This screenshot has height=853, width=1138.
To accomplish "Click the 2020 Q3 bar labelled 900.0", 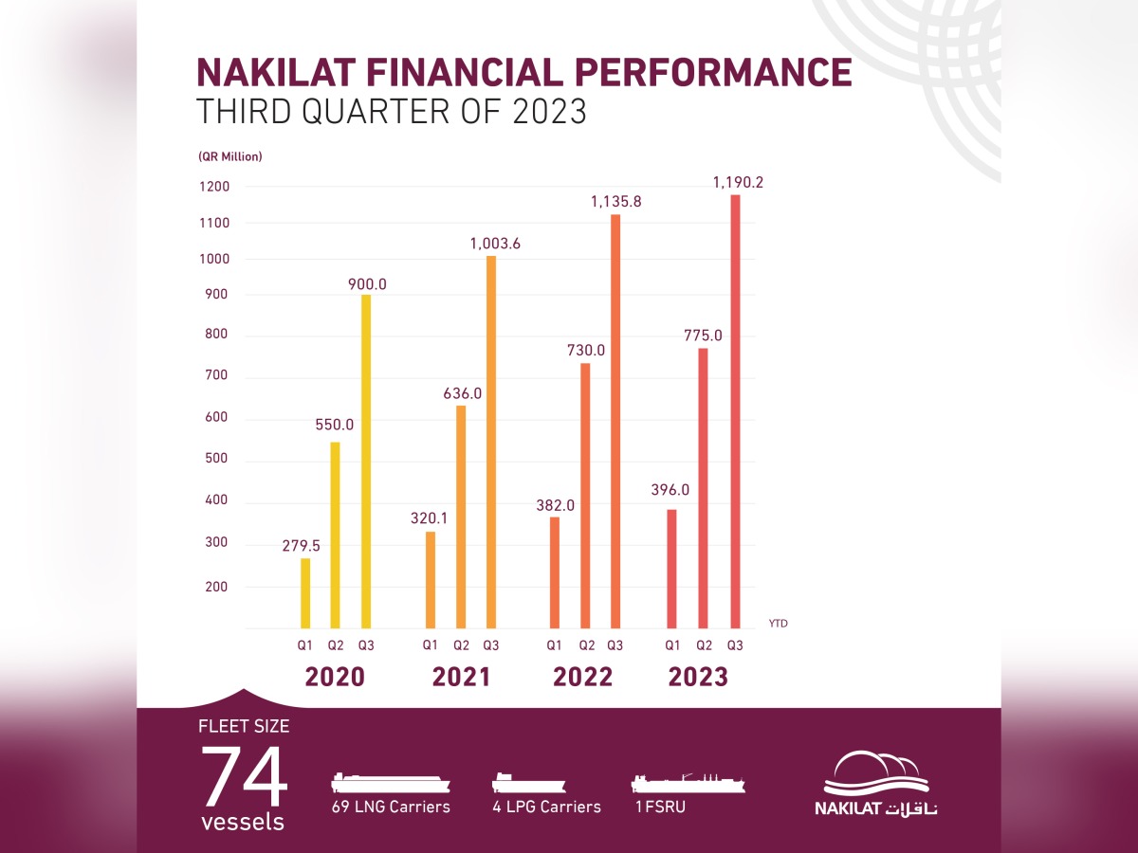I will point(366,461).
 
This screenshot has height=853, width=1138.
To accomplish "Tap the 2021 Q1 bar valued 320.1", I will point(431,579).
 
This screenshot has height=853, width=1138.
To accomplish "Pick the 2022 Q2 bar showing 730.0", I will point(585,495).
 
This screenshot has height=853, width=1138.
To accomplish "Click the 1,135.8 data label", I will point(616,201).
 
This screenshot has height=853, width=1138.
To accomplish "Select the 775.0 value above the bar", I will point(703,335).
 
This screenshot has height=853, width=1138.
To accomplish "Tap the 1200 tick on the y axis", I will point(215,187).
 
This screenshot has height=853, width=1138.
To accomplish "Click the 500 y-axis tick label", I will point(215,461).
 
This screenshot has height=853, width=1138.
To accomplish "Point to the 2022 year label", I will point(583,677).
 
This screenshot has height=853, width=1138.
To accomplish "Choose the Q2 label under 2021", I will point(461,646).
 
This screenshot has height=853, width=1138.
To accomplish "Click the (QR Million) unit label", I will point(230,156).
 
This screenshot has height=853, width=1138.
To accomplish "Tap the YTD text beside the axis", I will point(779,624).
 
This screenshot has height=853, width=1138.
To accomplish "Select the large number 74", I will point(244,775).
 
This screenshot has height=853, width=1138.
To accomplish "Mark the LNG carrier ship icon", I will point(390,783).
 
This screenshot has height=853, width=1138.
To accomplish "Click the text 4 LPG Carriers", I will point(545,807).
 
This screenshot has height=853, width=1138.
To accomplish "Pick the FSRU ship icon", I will point(688,782).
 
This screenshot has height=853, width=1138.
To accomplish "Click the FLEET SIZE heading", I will point(244,727).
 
